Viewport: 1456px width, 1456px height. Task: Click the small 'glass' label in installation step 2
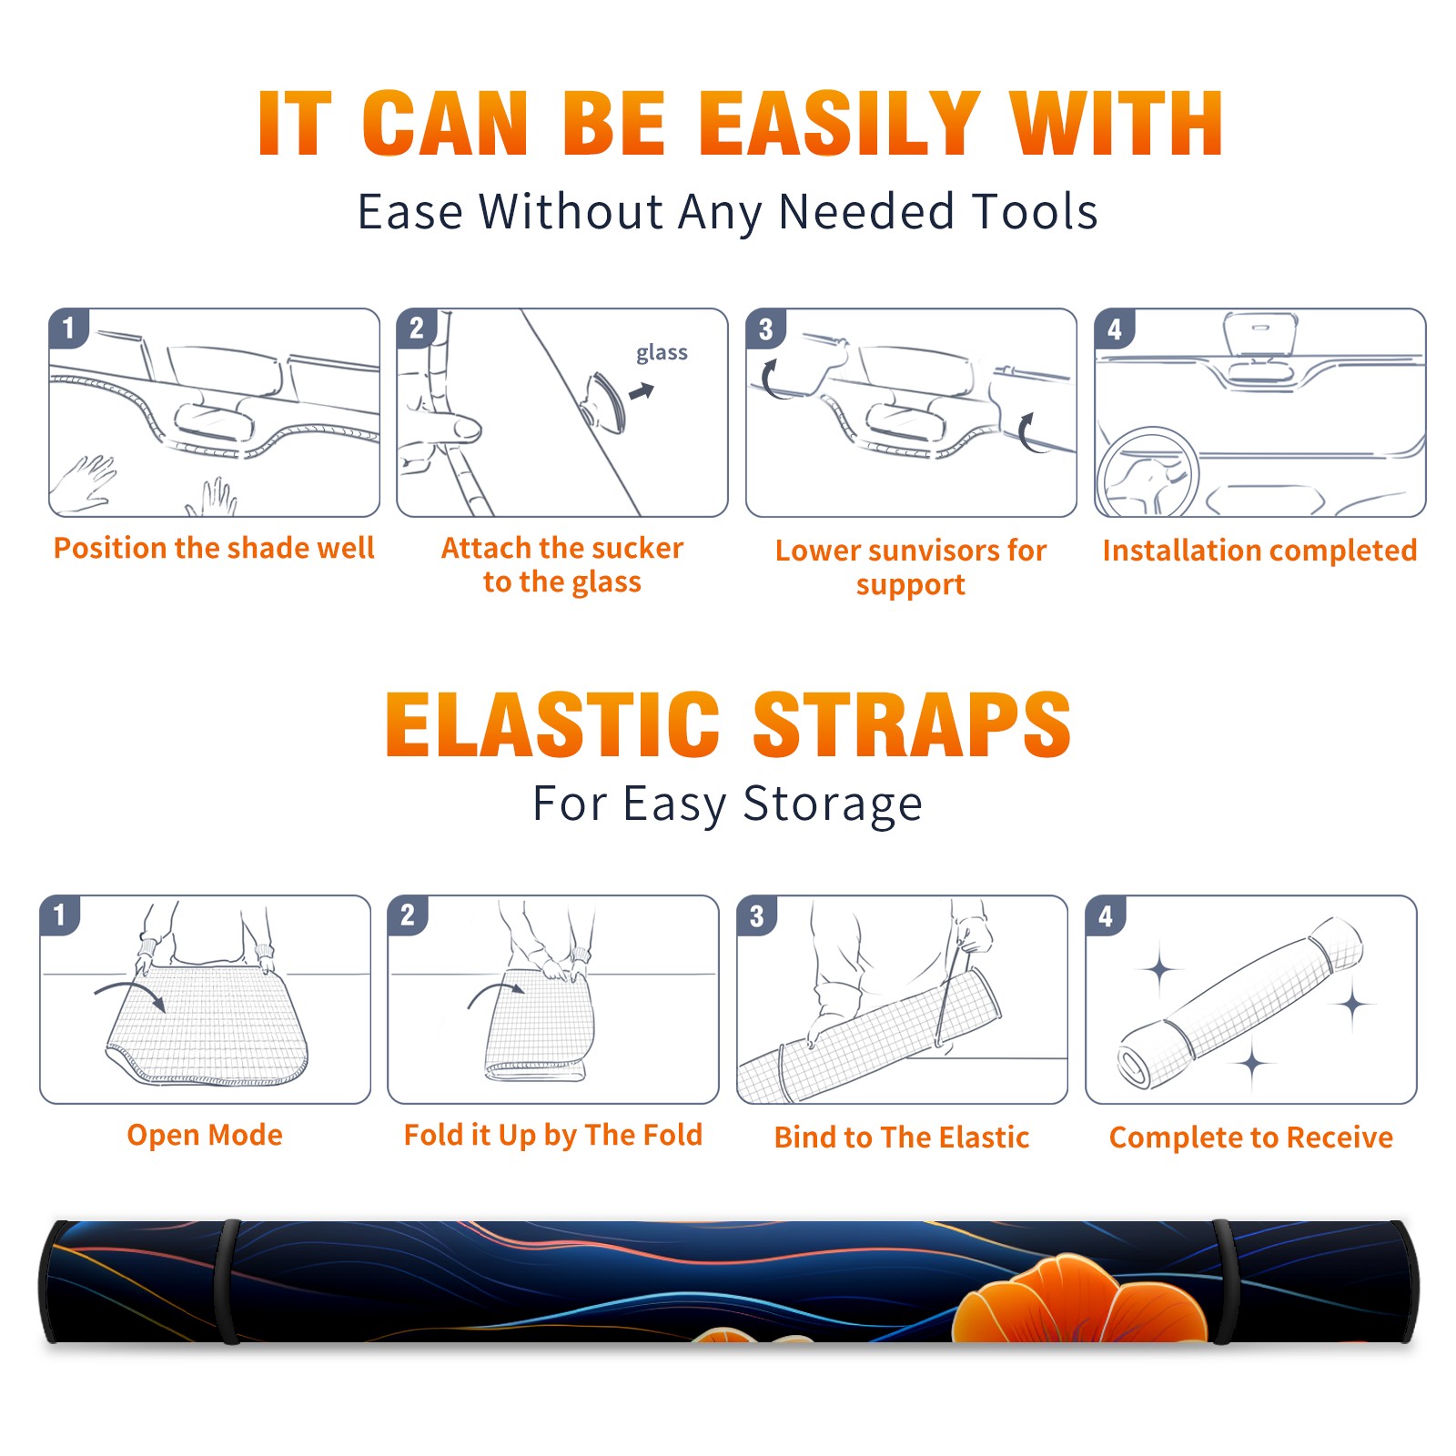pos(662,353)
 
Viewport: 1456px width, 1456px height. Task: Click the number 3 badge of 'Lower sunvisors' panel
pos(765,329)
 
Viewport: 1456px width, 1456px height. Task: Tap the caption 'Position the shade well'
pos(214,548)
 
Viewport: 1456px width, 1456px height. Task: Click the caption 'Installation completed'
pos(1259,551)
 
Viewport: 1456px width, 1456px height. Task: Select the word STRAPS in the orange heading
pos(912,724)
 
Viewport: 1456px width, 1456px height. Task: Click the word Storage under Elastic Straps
pos(833,804)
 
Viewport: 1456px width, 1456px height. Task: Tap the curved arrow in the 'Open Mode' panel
pos(130,995)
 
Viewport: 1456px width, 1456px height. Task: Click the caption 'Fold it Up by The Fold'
pos(553,1135)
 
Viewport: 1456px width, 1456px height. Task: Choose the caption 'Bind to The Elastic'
pos(902,1137)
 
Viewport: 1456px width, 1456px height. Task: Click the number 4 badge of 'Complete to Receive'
pos(1106,915)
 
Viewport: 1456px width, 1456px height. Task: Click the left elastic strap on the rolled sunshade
pos(228,1282)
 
